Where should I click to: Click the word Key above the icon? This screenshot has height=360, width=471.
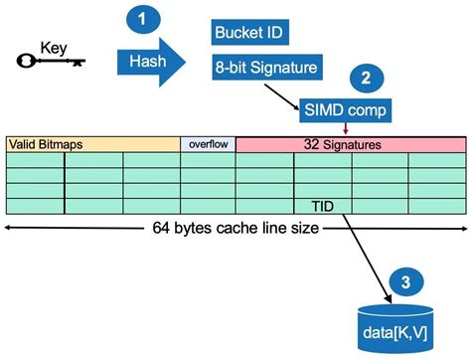tap(53, 46)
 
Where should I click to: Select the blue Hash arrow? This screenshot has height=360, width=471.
tap(150, 62)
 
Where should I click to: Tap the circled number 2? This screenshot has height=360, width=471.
tap(367, 78)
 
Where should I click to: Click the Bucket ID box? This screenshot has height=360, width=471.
tap(250, 33)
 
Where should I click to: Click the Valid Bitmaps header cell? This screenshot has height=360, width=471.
tap(92, 144)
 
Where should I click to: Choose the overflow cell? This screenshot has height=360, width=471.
tap(207, 144)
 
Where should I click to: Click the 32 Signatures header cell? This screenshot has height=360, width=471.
tap(350, 144)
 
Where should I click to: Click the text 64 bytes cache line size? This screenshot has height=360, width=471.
tap(235, 227)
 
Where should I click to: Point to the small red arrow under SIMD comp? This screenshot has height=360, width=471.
tap(345, 127)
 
